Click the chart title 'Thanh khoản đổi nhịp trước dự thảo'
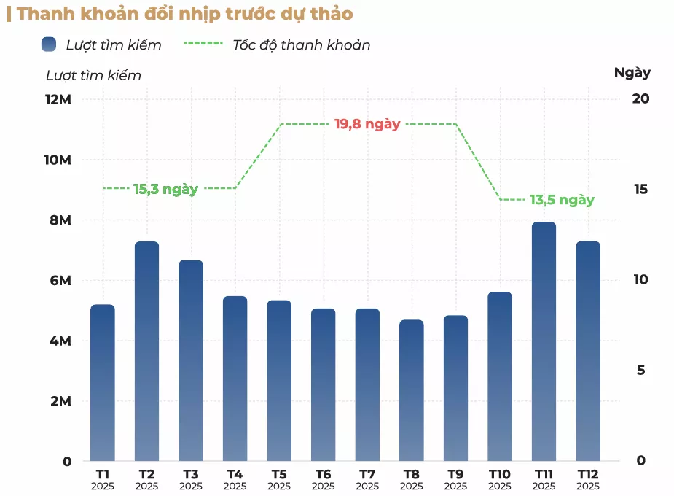click(185, 14)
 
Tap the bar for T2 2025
click(146, 351)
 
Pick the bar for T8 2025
click(412, 390)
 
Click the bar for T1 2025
click(103, 383)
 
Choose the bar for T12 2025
click(588, 351)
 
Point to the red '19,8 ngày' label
click(367, 124)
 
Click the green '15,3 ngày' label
click(165, 189)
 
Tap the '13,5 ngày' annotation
click(562, 200)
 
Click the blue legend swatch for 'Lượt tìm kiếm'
click(49, 44)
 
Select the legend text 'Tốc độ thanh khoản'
click(302, 45)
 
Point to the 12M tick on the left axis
click(58, 99)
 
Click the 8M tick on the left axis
click(60, 220)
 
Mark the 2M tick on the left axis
click(60, 401)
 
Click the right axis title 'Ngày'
click(632, 73)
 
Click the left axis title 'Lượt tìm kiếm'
click(93, 75)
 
